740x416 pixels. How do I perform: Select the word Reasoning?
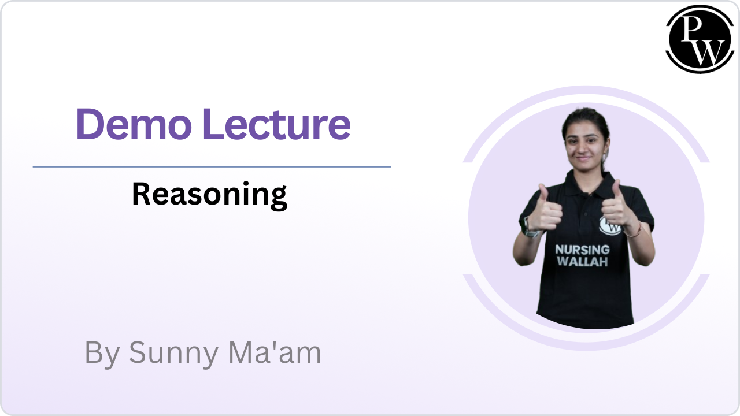pos(209,194)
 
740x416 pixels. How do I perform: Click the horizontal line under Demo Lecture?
pos(212,166)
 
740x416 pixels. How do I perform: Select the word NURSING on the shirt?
pos(582,250)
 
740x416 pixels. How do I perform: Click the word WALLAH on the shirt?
pos(582,262)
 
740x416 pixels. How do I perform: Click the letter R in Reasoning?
pos(141,194)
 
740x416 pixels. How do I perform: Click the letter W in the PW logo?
pos(706,52)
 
